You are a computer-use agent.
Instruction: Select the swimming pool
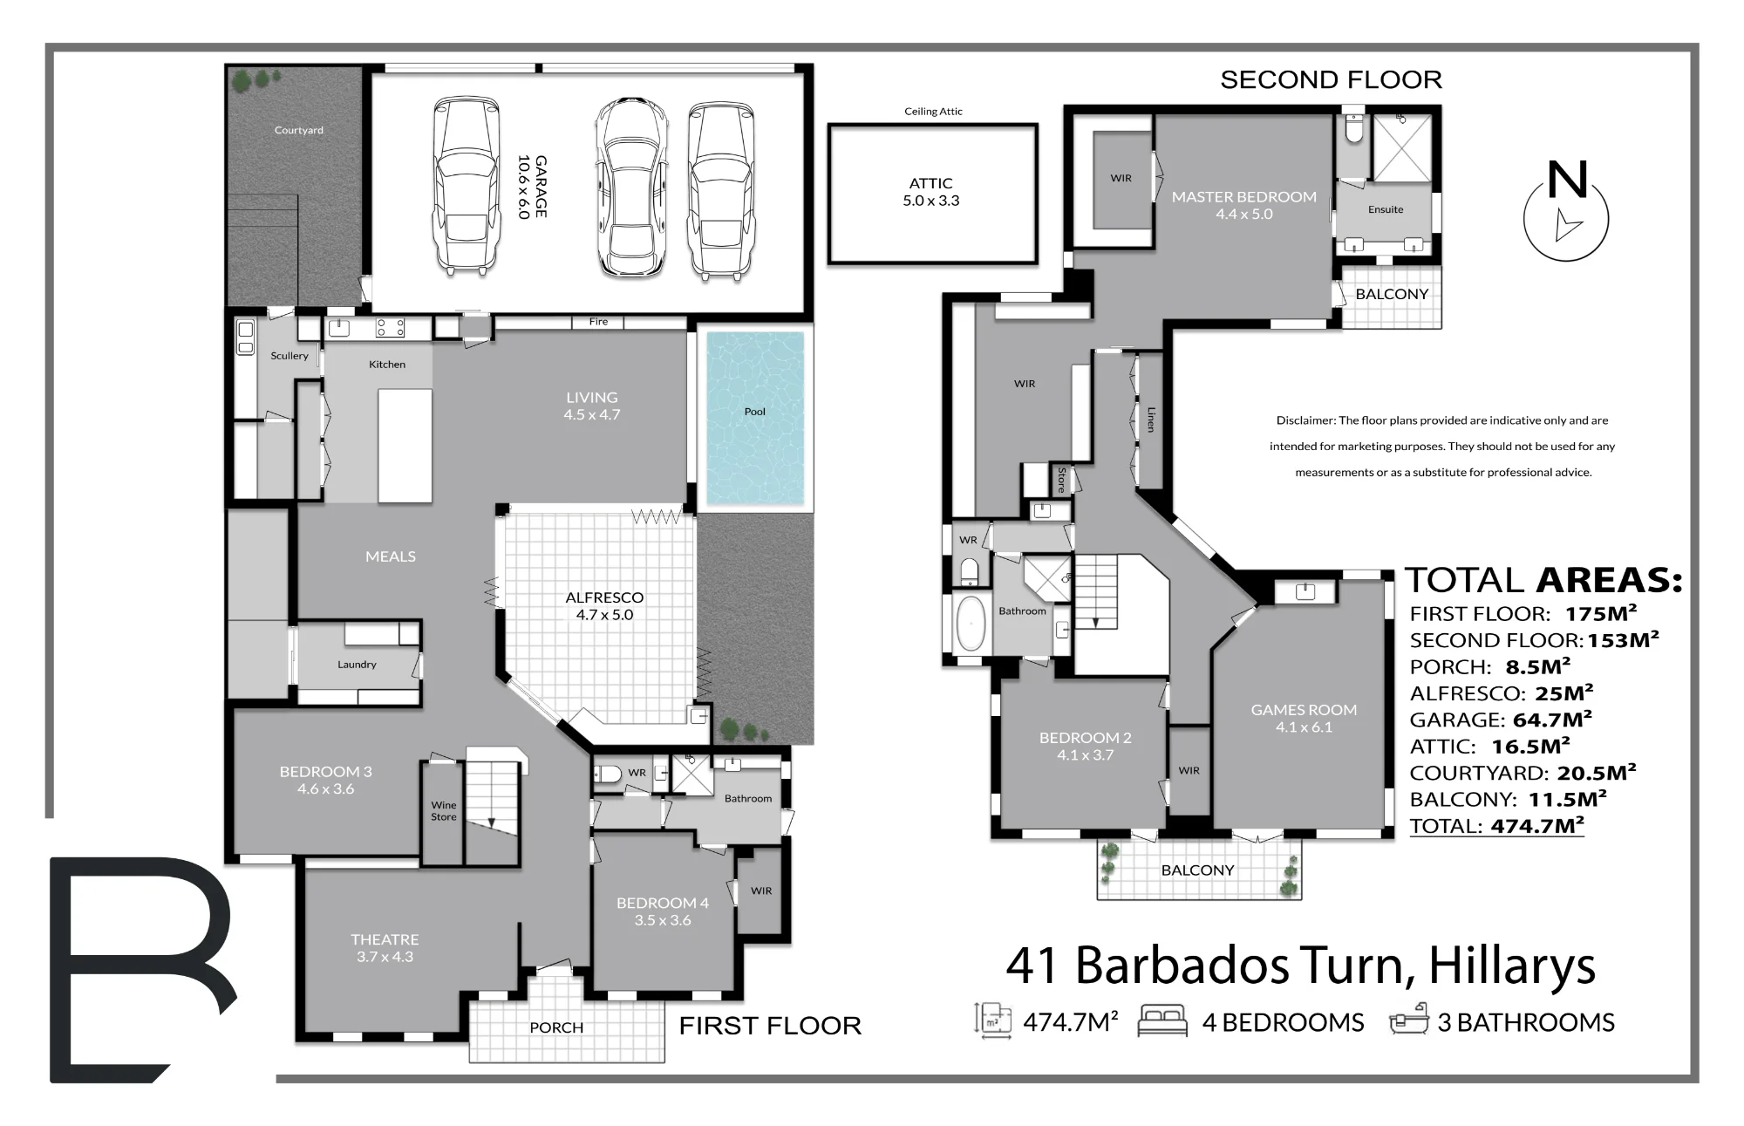755,418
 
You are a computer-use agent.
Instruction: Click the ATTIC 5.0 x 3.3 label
930,192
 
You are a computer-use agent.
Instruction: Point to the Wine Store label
443,811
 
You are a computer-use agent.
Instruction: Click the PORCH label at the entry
556,1027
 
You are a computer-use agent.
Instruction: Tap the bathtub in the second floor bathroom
970,623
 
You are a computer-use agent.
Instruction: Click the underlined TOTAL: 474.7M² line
1496,826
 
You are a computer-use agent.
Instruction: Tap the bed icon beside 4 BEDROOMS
1162,1020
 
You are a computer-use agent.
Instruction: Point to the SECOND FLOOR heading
1331,80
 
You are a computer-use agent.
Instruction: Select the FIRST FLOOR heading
770,1026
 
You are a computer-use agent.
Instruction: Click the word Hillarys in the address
1512,966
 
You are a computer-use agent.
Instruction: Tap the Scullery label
290,356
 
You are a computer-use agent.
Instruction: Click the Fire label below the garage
598,322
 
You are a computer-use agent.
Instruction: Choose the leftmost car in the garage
467,187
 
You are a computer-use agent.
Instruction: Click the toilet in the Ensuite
1354,127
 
